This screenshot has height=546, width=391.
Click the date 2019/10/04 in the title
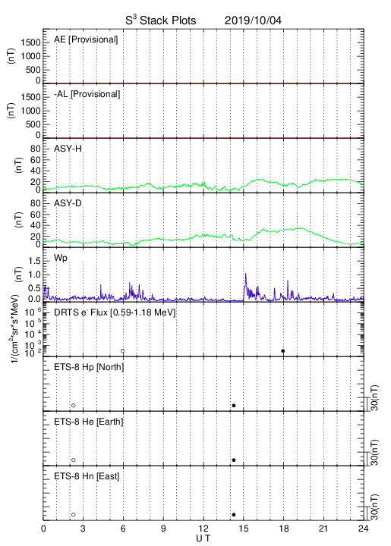point(253,20)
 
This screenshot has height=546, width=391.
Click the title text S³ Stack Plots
point(161,20)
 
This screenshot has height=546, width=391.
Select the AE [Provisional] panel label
point(86,39)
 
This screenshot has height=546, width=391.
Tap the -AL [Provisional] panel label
point(87,94)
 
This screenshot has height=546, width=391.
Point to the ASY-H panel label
point(68,149)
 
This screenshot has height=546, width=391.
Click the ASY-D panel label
point(68,203)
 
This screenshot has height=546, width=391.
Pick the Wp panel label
point(61,258)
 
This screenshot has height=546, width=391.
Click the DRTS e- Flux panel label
point(115,312)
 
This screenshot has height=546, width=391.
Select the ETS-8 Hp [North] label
point(89,367)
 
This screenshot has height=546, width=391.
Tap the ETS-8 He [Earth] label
point(89,422)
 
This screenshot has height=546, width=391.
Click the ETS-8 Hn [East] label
point(87,476)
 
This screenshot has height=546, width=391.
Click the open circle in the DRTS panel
point(123,351)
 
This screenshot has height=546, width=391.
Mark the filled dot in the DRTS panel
point(283,351)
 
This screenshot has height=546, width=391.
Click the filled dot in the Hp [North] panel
point(234,405)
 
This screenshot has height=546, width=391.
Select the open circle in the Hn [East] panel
point(74,514)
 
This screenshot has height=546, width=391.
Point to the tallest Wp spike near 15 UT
point(246,274)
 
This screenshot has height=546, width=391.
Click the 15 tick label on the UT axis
point(244,529)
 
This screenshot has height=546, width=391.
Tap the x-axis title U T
point(203,538)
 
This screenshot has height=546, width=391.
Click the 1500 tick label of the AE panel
point(31,42)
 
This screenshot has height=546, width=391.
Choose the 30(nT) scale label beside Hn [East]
point(374,507)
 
